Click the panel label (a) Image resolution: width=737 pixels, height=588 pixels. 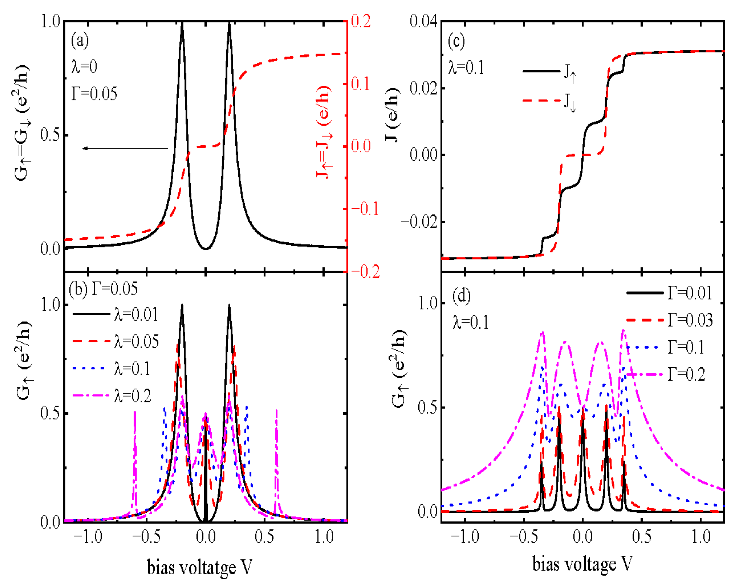(x=80, y=41)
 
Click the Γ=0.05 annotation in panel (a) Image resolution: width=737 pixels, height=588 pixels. (x=94, y=94)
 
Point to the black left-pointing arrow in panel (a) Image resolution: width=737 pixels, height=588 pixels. (x=125, y=148)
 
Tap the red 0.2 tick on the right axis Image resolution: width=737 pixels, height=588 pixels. (x=361, y=21)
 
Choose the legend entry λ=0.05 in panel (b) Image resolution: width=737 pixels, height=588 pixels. (x=136, y=341)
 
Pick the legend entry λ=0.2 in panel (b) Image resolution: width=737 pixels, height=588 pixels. (x=133, y=396)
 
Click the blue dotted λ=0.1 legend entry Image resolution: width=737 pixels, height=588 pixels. (x=132, y=369)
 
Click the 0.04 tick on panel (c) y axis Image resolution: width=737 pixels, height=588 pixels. (x=424, y=21)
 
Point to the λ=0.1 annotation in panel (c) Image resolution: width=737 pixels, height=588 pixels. (x=466, y=67)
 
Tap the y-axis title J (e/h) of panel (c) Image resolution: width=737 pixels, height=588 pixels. (x=392, y=114)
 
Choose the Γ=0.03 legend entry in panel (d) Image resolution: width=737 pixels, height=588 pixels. (x=690, y=320)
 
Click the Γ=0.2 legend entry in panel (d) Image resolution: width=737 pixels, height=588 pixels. (x=686, y=375)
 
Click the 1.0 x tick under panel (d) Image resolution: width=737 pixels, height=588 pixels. (x=701, y=537)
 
